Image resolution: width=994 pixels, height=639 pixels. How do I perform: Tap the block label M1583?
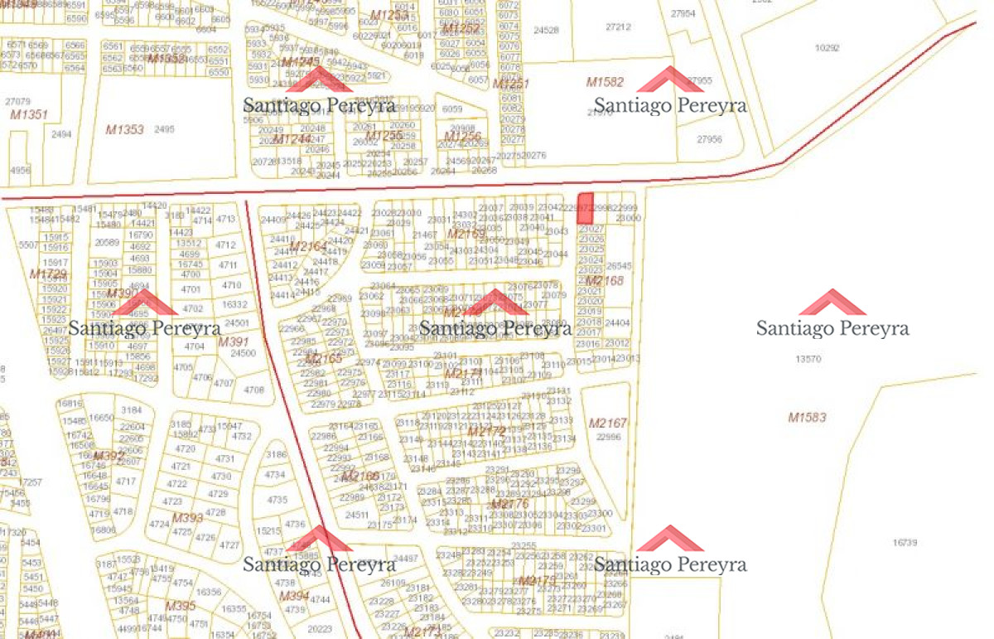coord(807,418)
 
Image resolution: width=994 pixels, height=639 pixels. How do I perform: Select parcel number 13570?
coord(808,359)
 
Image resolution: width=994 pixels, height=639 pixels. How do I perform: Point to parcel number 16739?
coord(905,542)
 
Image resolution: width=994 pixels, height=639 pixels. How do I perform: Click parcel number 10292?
coord(827,48)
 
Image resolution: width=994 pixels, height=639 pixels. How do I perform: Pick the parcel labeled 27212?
coord(618,27)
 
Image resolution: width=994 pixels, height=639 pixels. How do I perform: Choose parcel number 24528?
coord(546,31)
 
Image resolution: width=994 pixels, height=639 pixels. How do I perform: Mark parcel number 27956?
coord(709,139)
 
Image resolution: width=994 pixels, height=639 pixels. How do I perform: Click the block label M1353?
coord(124,129)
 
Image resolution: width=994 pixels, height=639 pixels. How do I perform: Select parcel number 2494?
coord(61,133)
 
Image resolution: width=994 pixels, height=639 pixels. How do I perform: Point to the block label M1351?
coord(29,115)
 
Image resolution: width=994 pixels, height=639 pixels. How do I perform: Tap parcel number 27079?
coord(17,101)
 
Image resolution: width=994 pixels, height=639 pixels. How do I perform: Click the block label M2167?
coord(608,424)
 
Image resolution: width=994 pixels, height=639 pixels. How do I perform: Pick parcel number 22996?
coord(608,437)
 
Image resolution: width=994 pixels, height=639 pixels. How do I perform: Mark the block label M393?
coord(187,518)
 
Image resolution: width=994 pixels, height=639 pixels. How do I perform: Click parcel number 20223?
coord(319,629)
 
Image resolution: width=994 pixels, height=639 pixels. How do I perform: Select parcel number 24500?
coord(243,353)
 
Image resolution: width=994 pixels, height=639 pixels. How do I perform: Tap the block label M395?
coord(180,606)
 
